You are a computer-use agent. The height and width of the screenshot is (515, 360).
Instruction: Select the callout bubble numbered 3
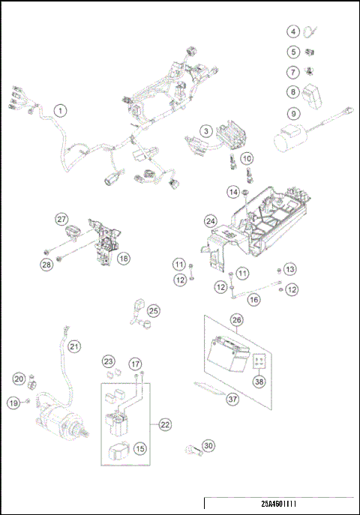click(204, 131)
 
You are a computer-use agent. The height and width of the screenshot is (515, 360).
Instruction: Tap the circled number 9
click(294, 114)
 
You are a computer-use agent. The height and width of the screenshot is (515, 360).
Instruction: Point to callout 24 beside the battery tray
click(211, 221)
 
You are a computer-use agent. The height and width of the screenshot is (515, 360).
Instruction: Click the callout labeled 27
click(61, 219)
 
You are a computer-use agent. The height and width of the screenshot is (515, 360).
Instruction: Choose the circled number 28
click(48, 263)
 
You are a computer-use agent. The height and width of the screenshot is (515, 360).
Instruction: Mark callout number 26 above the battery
click(236, 319)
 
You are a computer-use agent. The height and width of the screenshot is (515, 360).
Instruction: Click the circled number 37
click(232, 399)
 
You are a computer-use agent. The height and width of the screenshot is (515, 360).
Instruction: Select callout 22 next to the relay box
click(165, 424)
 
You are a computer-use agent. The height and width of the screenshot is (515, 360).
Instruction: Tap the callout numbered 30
click(208, 445)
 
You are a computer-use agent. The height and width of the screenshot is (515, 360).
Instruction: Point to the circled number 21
click(73, 346)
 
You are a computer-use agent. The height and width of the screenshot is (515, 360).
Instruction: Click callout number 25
click(154, 310)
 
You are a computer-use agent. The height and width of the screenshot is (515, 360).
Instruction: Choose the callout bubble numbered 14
click(232, 193)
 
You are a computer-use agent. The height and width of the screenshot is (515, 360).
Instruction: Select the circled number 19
click(13, 403)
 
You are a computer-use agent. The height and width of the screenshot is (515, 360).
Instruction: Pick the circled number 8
click(294, 93)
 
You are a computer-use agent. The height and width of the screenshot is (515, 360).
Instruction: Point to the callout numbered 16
click(253, 298)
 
